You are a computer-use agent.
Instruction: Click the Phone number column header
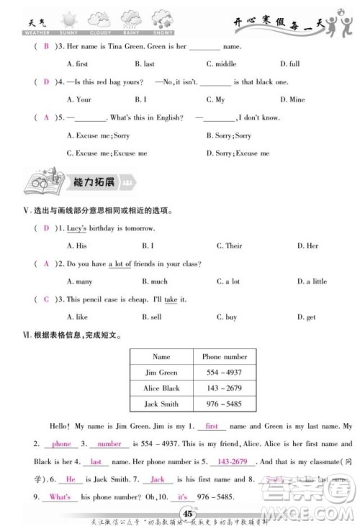[x=224, y=357]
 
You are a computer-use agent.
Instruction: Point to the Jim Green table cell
[x=161, y=373]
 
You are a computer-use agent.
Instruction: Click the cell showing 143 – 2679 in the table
[x=224, y=390]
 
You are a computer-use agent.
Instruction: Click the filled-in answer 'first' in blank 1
[x=212, y=427]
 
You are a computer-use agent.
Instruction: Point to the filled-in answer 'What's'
[x=60, y=497]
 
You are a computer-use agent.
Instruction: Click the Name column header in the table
[x=161, y=357]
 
